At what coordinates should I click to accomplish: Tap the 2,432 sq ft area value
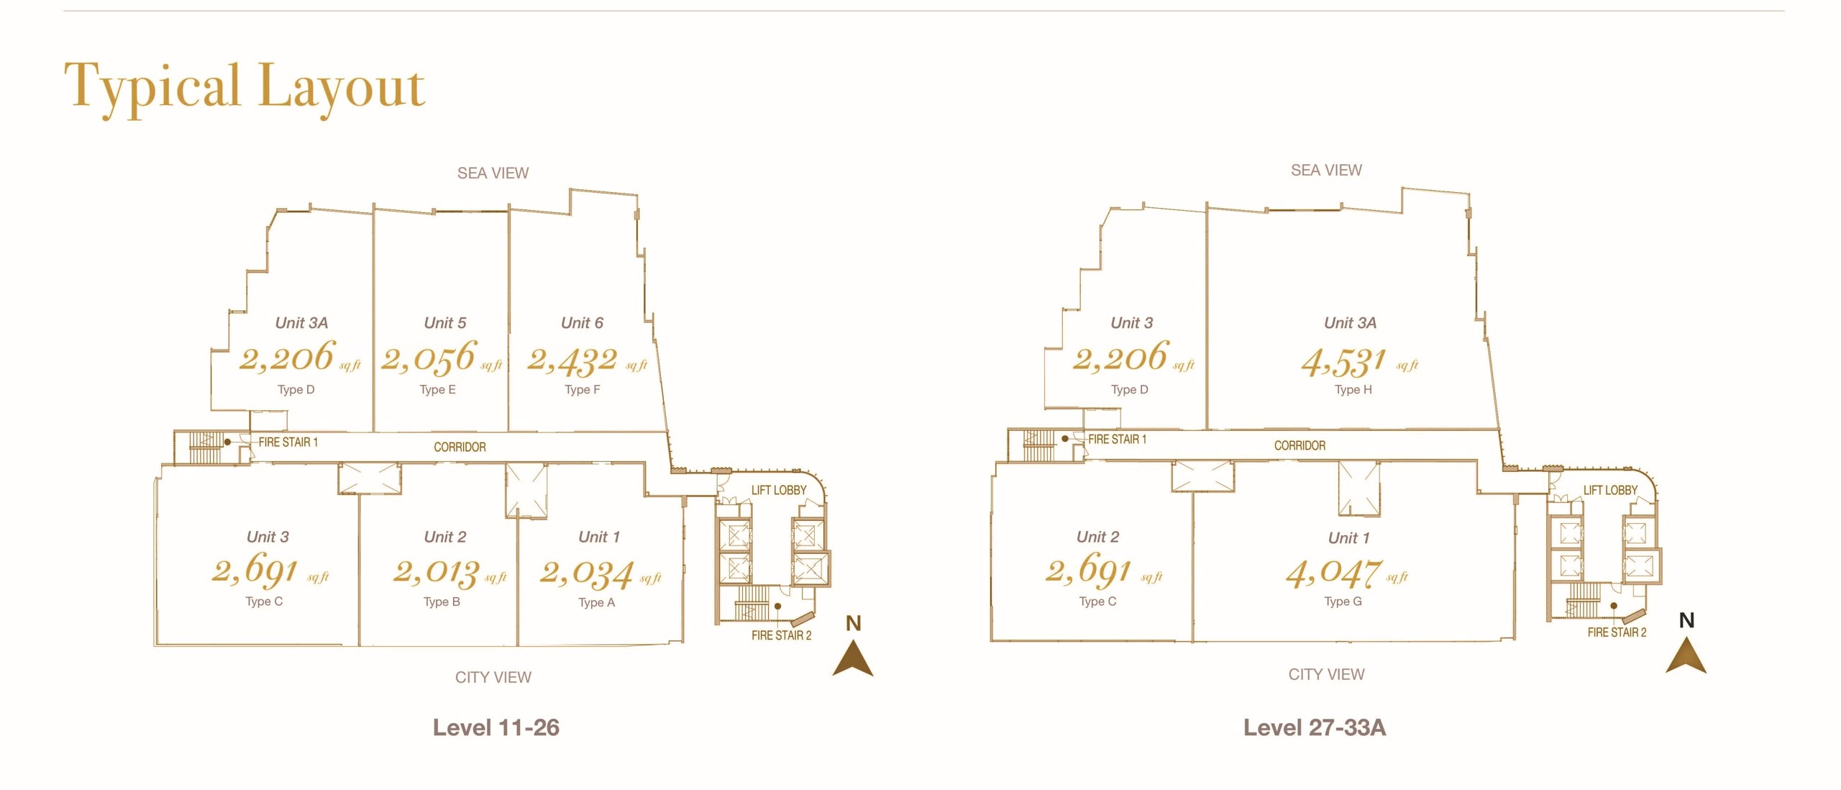point(587,360)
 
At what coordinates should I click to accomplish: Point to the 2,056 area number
point(429,358)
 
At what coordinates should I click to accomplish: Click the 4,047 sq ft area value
point(1347,573)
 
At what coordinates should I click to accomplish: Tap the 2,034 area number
point(587,573)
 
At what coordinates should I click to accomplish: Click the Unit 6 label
point(582,323)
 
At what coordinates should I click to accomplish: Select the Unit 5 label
point(445,323)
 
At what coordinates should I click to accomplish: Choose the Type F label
point(583,390)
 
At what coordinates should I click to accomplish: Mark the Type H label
point(1353,390)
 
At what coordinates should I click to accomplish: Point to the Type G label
point(1343,601)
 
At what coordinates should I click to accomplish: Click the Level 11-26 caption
point(496,727)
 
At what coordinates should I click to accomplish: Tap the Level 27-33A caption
point(1315,727)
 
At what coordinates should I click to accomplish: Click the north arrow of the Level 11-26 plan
point(853,658)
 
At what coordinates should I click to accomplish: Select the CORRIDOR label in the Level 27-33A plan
point(1300,445)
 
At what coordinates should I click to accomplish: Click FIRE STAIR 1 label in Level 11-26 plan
point(288,442)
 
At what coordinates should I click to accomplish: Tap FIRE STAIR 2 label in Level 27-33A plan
point(1617,632)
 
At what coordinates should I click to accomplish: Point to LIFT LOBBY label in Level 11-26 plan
point(779,490)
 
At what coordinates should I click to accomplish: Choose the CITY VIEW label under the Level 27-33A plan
point(1327,674)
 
